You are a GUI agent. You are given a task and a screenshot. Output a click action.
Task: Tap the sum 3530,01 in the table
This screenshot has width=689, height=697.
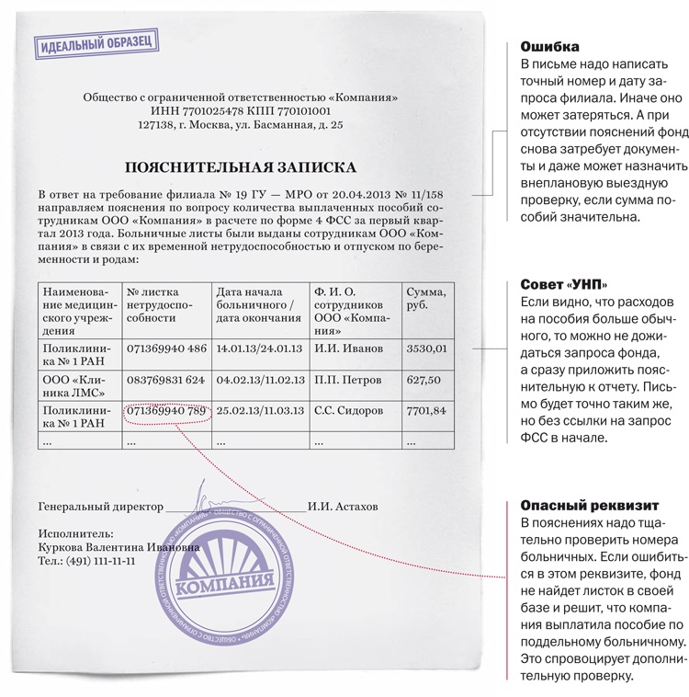click(426, 348)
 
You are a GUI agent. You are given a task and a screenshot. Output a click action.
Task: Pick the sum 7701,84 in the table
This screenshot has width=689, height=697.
click(426, 410)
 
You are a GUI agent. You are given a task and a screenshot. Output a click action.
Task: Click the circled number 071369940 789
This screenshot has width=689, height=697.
click(166, 410)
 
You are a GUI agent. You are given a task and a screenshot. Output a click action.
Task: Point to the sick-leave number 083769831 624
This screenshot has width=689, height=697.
click(166, 380)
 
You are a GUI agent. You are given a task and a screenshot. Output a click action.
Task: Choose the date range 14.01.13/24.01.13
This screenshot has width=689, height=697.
click(259, 348)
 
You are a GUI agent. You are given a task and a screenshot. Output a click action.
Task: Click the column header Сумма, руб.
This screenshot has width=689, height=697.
click(425, 299)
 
